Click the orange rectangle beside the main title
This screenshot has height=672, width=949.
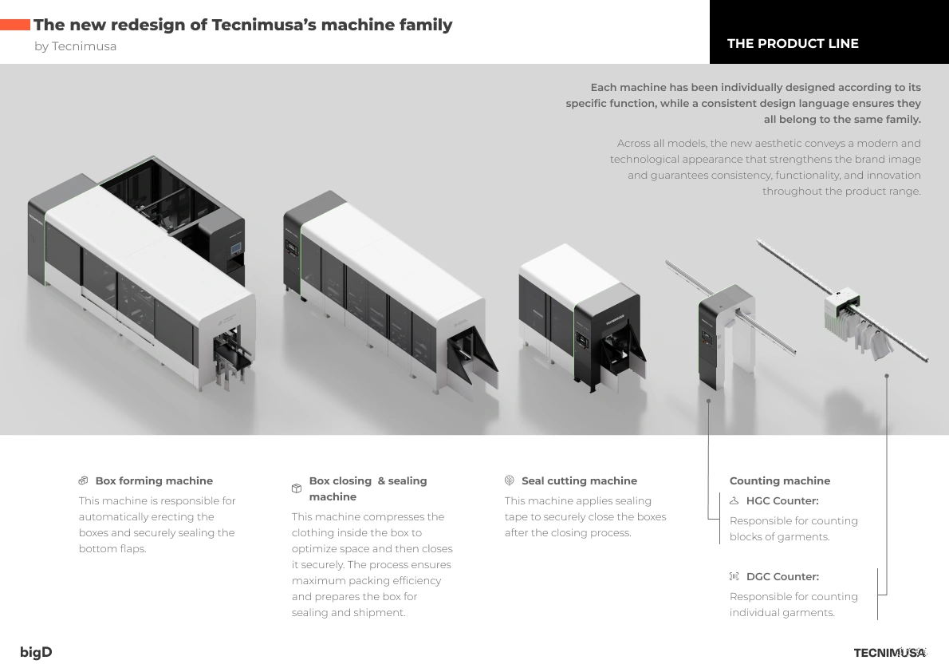tap(14, 25)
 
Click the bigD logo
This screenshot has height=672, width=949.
tap(36, 652)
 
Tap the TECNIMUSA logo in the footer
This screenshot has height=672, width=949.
tap(890, 653)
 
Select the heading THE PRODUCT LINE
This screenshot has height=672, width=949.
tap(793, 44)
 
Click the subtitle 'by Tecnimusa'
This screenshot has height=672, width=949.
tap(76, 46)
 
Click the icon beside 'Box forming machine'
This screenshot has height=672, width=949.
tap(84, 480)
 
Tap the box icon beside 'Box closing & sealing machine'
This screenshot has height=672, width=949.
tap(297, 488)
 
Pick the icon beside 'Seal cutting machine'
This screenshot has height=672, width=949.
tap(510, 480)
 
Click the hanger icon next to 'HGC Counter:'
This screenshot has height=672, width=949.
tap(734, 500)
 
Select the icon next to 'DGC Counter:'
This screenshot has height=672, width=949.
tap(734, 576)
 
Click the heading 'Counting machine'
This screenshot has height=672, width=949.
tap(780, 480)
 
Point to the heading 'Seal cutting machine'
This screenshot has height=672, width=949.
tap(579, 480)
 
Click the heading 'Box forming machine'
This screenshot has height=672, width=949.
tap(155, 480)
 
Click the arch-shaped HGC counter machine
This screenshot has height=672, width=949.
tap(727, 337)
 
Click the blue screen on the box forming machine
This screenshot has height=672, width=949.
tap(235, 247)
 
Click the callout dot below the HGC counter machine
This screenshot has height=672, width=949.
tap(708, 401)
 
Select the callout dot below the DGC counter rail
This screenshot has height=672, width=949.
tap(887, 376)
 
